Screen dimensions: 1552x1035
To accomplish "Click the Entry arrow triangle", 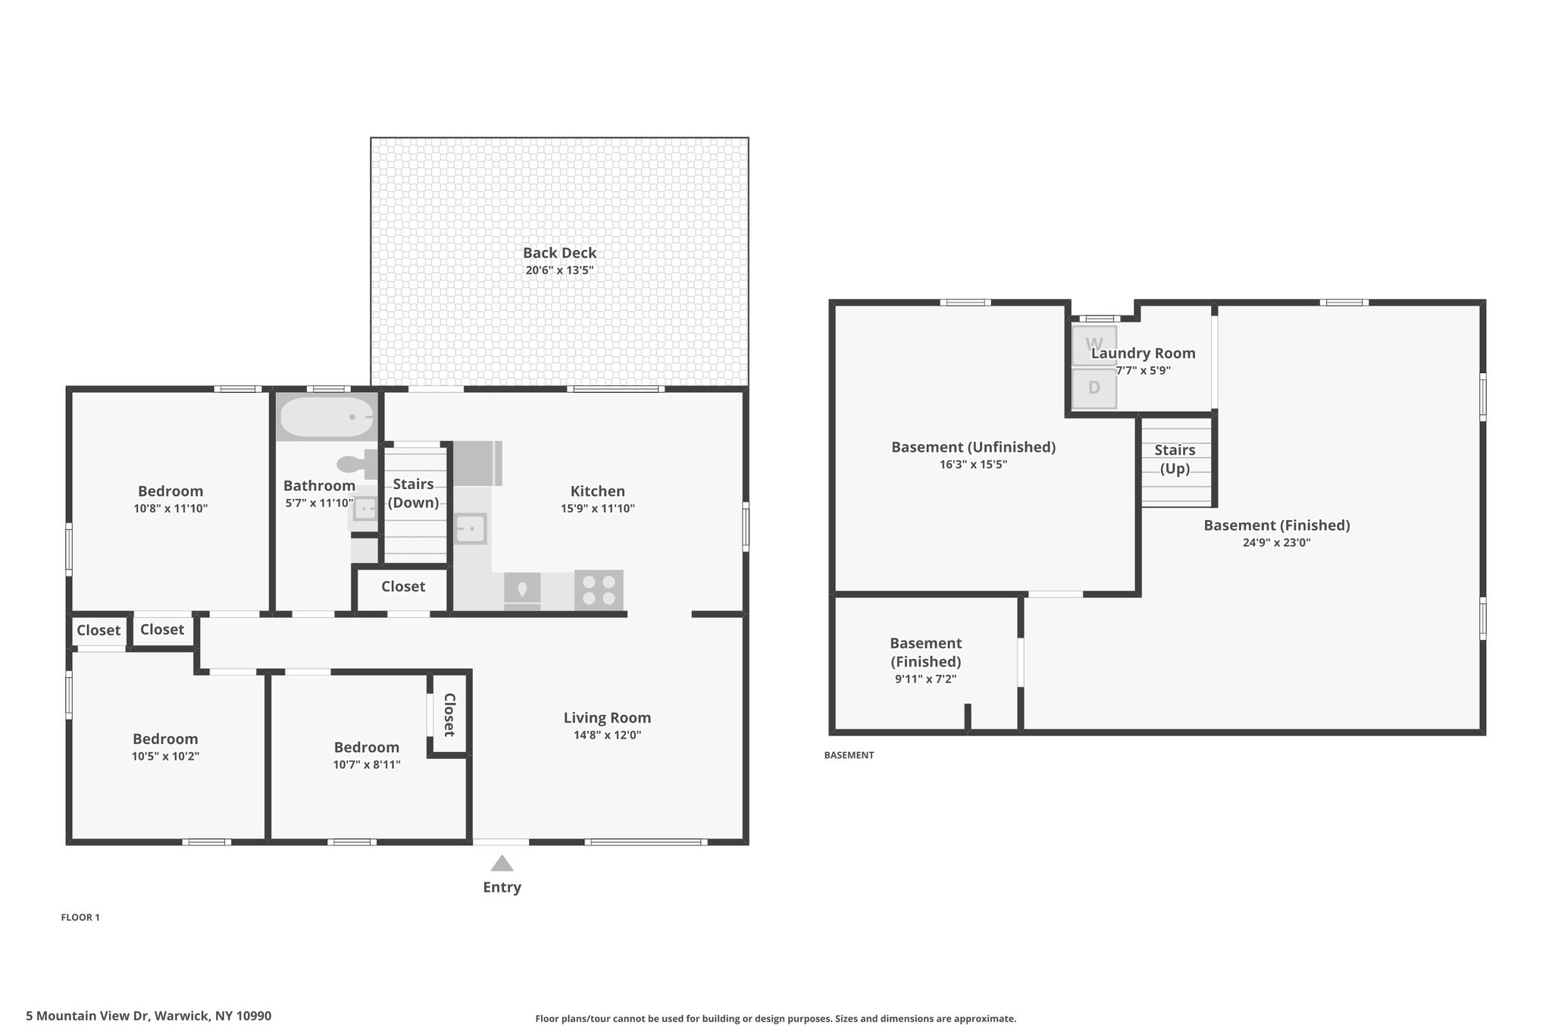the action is (502, 863).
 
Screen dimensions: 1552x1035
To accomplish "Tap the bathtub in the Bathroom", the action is (327, 417).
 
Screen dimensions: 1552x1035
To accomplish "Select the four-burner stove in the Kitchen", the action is (599, 590).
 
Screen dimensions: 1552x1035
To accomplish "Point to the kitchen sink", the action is (471, 528).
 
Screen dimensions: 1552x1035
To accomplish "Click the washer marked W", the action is (1094, 345).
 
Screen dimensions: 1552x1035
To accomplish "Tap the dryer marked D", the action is (1094, 388).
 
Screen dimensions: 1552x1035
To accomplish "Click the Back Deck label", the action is (559, 253).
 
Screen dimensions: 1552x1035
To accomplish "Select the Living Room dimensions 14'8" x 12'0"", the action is (608, 735).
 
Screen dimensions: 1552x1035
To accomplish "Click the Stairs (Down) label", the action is (413, 493).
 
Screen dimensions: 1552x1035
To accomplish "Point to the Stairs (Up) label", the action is (1175, 459).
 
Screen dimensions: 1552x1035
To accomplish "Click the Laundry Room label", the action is (1143, 353).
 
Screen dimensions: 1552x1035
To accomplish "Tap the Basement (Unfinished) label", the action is (973, 447).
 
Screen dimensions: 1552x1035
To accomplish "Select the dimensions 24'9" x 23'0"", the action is (1277, 542).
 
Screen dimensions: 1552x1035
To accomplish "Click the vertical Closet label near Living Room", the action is (449, 715).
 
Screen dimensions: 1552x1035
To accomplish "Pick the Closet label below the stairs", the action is (403, 586).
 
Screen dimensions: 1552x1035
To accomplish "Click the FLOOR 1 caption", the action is (80, 917).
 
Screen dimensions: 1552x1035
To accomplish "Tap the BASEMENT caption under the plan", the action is (849, 755).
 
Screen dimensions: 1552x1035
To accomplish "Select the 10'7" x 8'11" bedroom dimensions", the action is (367, 764).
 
